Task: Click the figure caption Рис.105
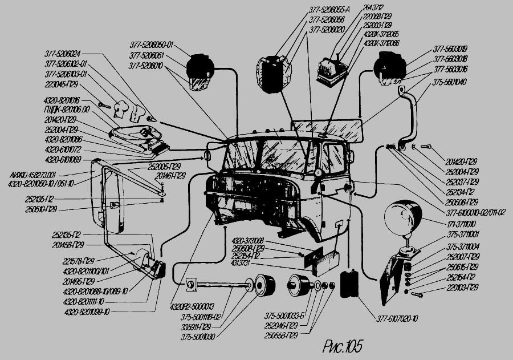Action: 342,346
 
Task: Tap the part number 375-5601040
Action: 450,81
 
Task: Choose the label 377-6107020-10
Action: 398,318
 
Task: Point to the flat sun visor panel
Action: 327,130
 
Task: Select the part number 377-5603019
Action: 450,50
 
